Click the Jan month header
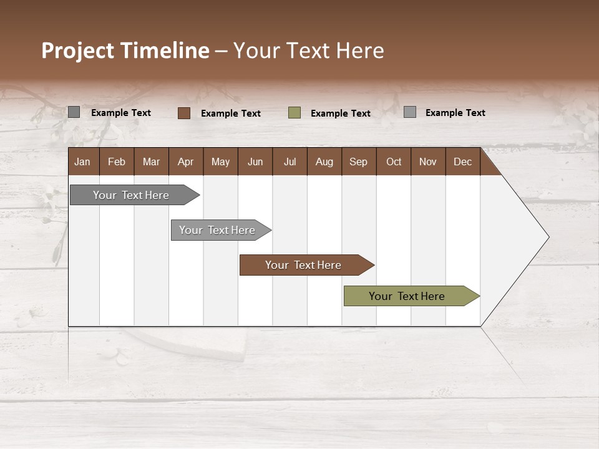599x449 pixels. pyautogui.click(x=83, y=162)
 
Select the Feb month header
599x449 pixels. pyautogui.click(x=117, y=162)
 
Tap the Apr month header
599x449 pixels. pyautogui.click(x=185, y=162)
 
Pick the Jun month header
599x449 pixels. pyautogui.click(x=255, y=162)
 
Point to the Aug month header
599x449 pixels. pyautogui.click(x=324, y=162)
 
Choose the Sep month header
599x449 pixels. pyautogui.click(x=358, y=162)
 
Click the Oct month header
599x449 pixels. pyautogui.click(x=394, y=162)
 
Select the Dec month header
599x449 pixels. pyautogui.click(x=462, y=162)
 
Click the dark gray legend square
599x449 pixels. pyautogui.click(x=74, y=112)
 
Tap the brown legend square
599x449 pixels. pyautogui.click(x=183, y=113)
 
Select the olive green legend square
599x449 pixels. pyautogui.click(x=295, y=112)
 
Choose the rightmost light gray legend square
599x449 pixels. pyautogui.click(x=409, y=112)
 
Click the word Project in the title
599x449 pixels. pyautogui.click(x=78, y=51)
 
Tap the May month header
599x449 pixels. pyautogui.click(x=220, y=162)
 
